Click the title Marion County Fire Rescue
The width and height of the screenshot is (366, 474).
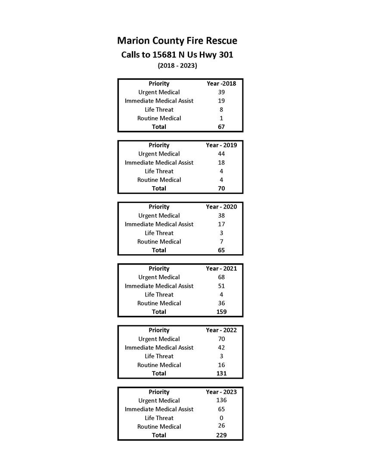(177, 41)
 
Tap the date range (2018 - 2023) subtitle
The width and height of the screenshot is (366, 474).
(177, 66)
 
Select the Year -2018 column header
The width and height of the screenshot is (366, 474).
(221, 84)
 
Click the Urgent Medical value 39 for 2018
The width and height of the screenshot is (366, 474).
(221, 92)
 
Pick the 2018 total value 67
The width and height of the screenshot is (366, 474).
(221, 127)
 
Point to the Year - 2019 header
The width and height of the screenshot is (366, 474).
(221, 145)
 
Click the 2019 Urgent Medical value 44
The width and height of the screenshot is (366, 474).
(221, 154)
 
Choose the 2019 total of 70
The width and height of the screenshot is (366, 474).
(221, 188)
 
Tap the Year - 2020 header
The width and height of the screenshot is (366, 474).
(221, 207)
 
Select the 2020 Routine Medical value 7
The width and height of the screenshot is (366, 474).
(221, 241)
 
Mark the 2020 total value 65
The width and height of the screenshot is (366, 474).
(221, 250)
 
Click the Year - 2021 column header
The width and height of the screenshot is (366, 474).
(221, 268)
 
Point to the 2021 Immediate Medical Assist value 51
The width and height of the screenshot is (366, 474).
(221, 286)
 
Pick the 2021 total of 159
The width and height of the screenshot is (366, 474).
(221, 312)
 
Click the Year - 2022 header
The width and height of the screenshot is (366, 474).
(221, 330)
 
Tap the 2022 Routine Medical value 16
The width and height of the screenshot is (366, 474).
(221, 365)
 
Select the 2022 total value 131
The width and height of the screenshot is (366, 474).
(221, 373)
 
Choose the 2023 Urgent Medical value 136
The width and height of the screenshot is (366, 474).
(221, 400)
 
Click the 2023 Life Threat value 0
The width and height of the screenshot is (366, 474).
(221, 418)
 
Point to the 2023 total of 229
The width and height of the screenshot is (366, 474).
(221, 435)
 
